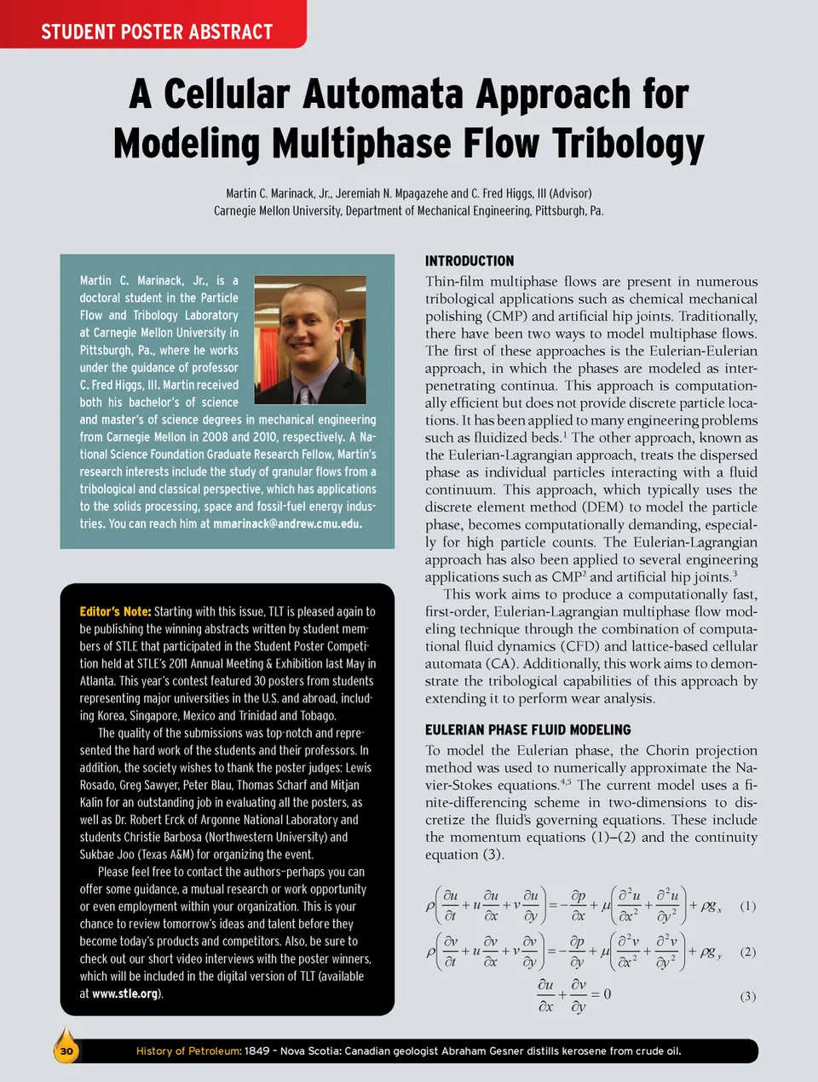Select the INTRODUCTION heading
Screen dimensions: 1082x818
[x=469, y=261]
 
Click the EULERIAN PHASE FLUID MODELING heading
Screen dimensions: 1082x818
[x=528, y=730]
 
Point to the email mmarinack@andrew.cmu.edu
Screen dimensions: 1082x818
[x=287, y=524]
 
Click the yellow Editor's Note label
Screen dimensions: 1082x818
[x=115, y=611]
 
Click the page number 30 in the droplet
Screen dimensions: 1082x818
[x=66, y=1051]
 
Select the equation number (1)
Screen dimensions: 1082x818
[x=747, y=906]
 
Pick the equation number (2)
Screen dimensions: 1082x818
[x=747, y=952]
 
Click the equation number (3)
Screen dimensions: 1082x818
[x=747, y=996]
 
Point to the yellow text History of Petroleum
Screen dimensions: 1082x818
[x=188, y=1051]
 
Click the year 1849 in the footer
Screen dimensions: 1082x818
[x=256, y=1051]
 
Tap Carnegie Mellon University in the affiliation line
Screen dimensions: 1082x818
[x=277, y=211]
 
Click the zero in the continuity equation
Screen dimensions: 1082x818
[x=607, y=994]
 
